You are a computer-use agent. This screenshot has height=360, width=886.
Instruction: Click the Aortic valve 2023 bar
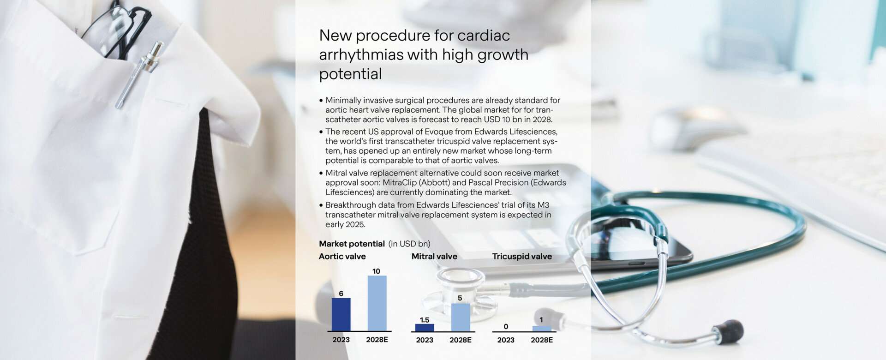341,314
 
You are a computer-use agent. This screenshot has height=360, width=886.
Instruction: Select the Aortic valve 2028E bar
377,303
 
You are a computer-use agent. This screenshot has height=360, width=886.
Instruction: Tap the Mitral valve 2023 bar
425,328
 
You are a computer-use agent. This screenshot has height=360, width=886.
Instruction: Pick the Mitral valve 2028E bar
461,318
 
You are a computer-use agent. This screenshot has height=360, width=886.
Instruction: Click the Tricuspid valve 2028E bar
542,329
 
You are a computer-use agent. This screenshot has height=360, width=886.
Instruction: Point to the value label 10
376,271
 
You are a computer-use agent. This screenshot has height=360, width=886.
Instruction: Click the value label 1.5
425,320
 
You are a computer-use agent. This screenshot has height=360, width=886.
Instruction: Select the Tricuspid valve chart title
522,256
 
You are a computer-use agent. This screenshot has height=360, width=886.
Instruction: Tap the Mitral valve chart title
434,256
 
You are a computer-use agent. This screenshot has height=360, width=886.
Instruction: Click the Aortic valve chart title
342,256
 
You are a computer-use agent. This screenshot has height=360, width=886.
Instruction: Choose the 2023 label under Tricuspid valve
506,340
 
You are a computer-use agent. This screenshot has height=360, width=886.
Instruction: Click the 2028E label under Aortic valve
377,340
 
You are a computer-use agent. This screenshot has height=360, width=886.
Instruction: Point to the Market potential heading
352,244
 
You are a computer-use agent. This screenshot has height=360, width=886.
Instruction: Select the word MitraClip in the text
399,183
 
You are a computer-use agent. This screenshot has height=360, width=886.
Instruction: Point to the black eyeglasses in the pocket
118,30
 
